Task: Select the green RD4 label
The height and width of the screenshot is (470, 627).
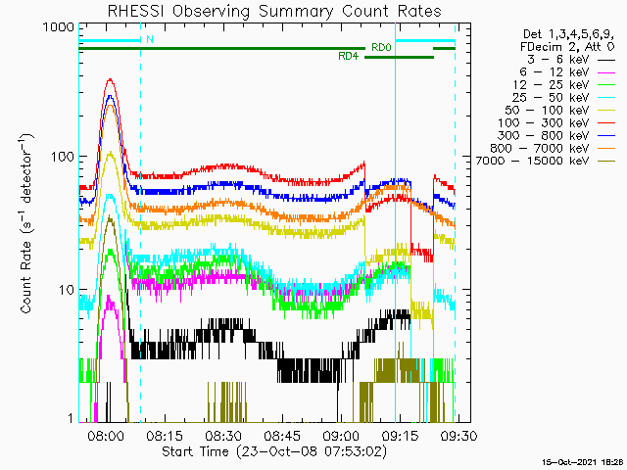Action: [x=348, y=57]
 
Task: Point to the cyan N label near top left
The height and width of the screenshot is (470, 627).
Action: [x=149, y=40]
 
